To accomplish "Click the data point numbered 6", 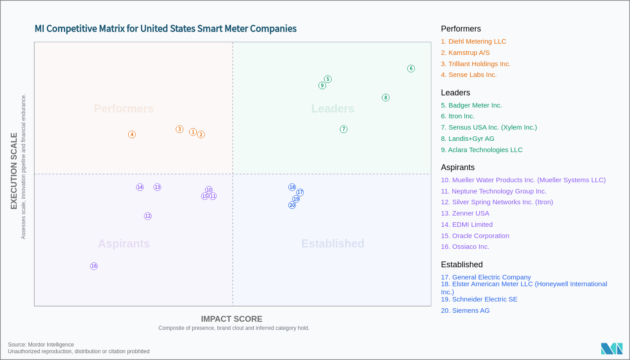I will pyautogui.click(x=411, y=69).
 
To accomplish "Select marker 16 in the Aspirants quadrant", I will pyautogui.click(x=94, y=266).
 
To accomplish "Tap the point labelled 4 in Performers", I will pyautogui.click(x=132, y=135).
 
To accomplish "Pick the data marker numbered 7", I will pyautogui.click(x=344, y=130).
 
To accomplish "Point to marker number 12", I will pyautogui.click(x=148, y=216).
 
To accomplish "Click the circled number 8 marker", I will pyautogui.click(x=386, y=98).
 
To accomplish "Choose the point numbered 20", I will pyautogui.click(x=292, y=205).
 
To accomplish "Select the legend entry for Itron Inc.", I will pyautogui.click(x=458, y=116).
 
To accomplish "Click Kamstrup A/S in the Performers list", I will pyautogui.click(x=465, y=53).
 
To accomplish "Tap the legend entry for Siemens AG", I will pyautogui.click(x=465, y=310).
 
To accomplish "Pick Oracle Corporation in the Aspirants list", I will pyautogui.click(x=475, y=236).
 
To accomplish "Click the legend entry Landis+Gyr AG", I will pyautogui.click(x=468, y=139).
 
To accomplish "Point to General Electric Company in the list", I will pyautogui.click(x=486, y=277).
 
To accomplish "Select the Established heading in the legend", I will pyautogui.click(x=462, y=265).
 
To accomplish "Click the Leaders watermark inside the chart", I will pyautogui.click(x=333, y=109).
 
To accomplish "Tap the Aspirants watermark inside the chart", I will pyautogui.click(x=124, y=244).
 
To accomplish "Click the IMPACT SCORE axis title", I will pyautogui.click(x=231, y=319).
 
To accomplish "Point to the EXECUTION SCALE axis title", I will pyautogui.click(x=14, y=171).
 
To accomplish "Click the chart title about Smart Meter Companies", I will pyautogui.click(x=166, y=29).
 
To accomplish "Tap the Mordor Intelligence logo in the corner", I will pyautogui.click(x=612, y=349).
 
